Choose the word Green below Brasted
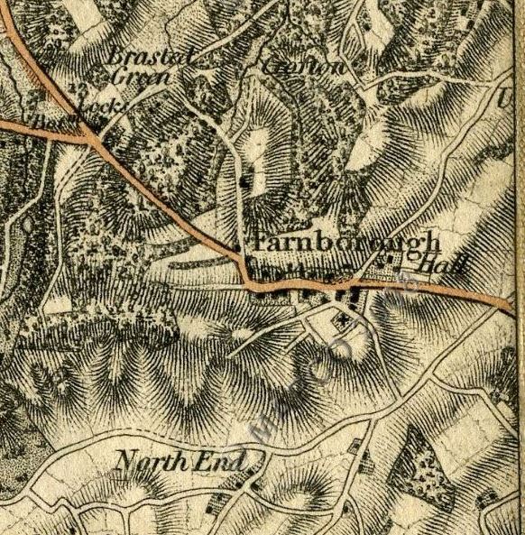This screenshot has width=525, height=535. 143,78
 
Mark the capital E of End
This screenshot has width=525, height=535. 207,463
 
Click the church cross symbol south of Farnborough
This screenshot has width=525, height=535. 344,320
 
